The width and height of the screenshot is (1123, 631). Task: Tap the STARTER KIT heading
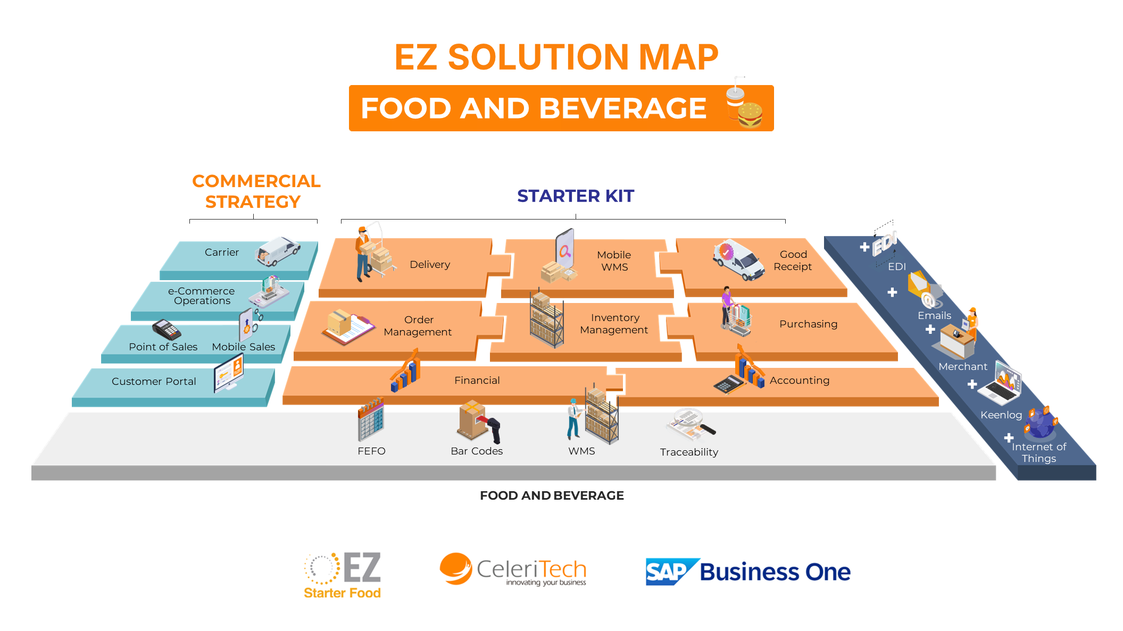[x=576, y=196]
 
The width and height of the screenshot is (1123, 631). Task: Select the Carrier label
[x=222, y=253]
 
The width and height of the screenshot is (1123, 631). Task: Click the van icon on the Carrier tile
[x=278, y=251]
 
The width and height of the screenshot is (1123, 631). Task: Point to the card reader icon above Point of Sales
[x=167, y=330]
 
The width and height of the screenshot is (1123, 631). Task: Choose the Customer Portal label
[x=154, y=382]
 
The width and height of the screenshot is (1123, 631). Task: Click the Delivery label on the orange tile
[x=430, y=265]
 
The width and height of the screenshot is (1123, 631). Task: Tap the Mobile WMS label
[x=614, y=261]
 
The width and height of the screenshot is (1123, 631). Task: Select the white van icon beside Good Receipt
[x=738, y=259]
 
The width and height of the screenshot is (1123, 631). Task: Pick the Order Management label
[x=418, y=326]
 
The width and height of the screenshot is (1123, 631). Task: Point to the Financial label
[x=477, y=381]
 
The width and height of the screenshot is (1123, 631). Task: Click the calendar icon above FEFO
[x=371, y=419]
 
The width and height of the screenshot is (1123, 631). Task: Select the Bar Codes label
[x=477, y=451]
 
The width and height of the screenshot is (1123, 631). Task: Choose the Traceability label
[x=689, y=452]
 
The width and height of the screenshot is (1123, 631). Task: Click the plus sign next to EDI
[x=864, y=247]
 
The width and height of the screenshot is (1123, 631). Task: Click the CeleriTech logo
[x=513, y=570]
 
